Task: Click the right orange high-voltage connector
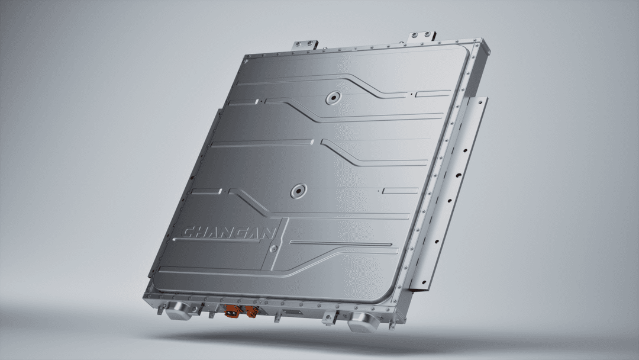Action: pos(251,312)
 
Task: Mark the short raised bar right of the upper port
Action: pos(433,94)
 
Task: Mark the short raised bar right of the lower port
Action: pos(401,190)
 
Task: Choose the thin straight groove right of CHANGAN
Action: pos(340,243)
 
